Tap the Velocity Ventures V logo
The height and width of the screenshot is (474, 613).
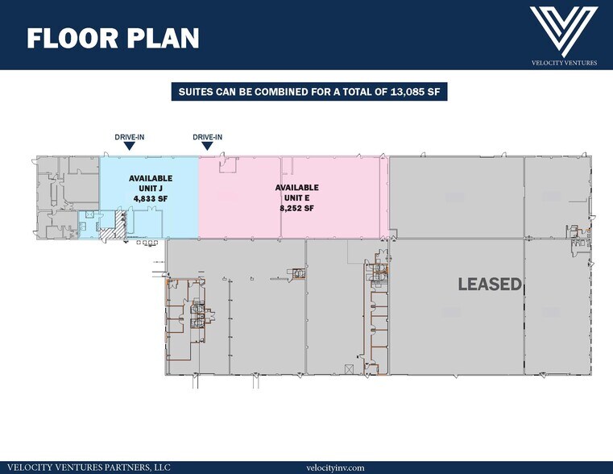564,31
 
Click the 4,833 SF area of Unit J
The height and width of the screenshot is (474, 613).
151,198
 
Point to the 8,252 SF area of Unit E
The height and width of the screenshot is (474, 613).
296,208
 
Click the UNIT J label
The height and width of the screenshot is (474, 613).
151,189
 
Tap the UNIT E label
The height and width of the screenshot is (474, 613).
296,197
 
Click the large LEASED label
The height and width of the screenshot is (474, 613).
490,285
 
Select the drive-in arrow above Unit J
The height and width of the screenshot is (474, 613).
130,146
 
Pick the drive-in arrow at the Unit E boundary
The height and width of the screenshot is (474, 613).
208,146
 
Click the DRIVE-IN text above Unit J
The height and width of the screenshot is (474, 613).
130,137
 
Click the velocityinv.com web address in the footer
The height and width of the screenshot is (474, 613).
335,468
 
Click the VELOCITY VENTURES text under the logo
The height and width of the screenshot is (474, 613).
564,63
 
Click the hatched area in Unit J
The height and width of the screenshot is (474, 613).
114,226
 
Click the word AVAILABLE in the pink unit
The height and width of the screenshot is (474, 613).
296,188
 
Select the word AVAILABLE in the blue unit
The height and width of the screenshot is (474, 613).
151,178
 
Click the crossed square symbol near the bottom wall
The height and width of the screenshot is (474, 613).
349,368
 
